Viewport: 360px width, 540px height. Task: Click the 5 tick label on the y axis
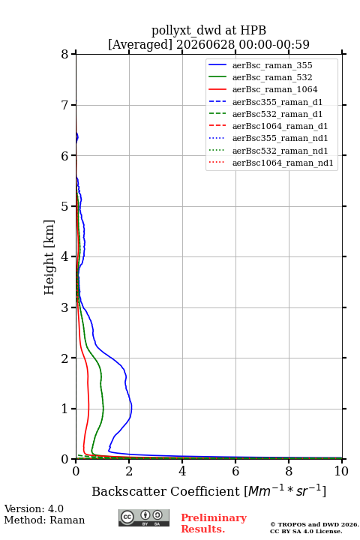[65, 206]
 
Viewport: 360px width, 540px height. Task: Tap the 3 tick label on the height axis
[65, 307]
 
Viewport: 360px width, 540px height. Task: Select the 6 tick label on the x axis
[235, 471]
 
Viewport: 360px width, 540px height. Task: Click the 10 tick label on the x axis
[341, 471]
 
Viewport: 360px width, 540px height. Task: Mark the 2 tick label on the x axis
[129, 471]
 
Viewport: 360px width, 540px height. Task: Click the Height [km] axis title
[49, 257]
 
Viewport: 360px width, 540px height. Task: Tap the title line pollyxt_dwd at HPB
[208, 30]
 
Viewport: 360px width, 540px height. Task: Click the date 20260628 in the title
[205, 44]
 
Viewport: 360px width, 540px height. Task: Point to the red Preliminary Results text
[214, 523]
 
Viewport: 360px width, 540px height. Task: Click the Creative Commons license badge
[144, 518]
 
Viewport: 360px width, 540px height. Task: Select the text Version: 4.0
[34, 508]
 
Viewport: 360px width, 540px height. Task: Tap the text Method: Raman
[44, 520]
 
